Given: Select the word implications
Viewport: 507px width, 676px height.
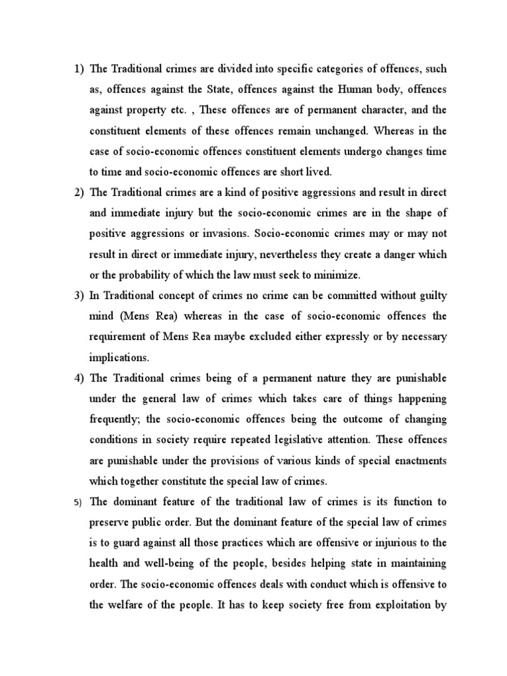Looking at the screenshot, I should tap(119, 356).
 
